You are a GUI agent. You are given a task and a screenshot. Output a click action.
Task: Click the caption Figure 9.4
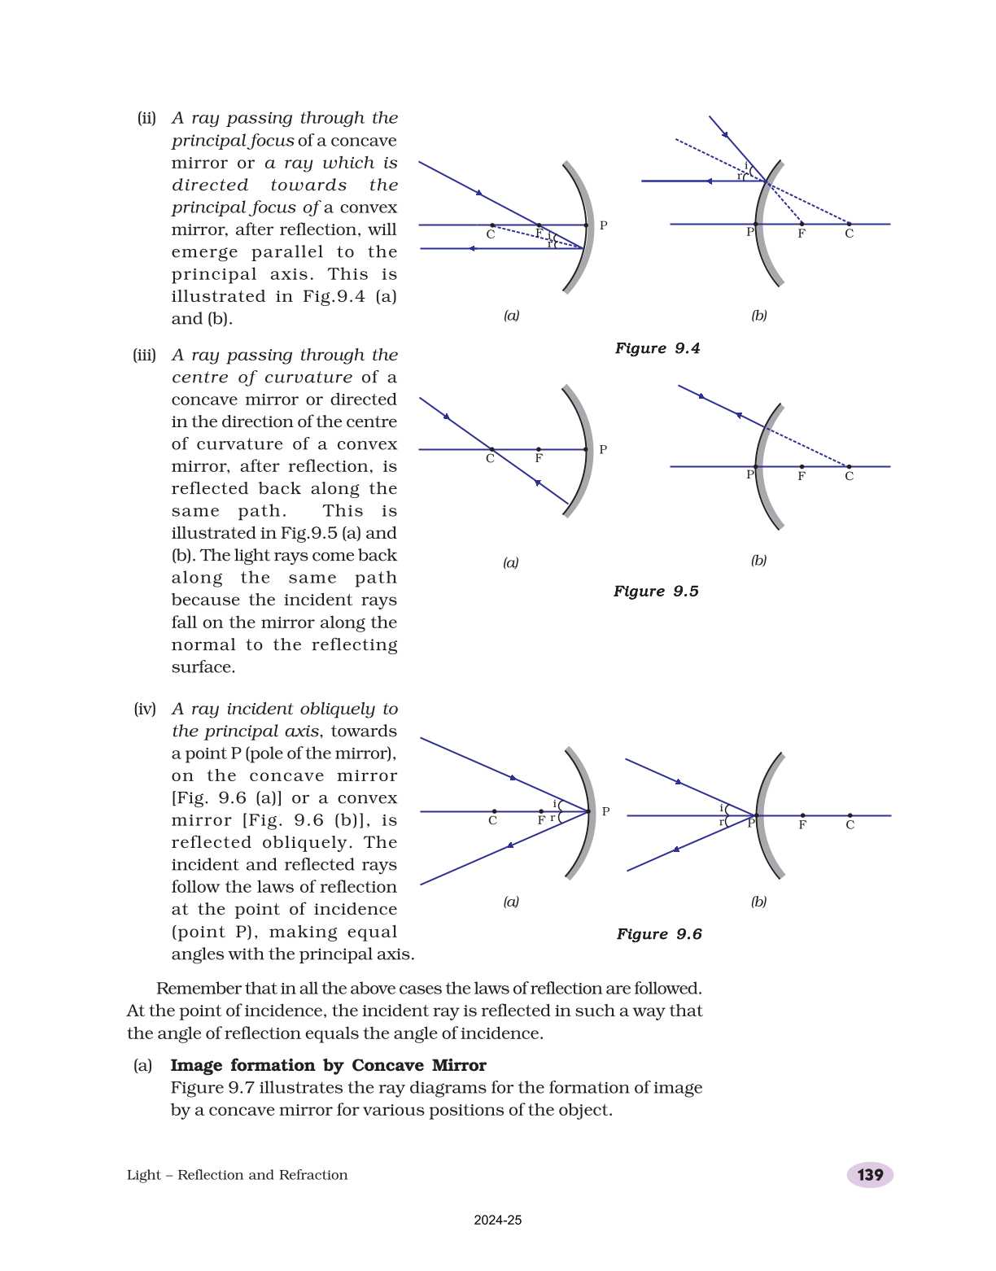tap(657, 348)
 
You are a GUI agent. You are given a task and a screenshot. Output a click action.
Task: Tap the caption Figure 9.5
tap(655, 592)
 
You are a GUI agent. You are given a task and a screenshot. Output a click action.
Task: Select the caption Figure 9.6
tap(658, 934)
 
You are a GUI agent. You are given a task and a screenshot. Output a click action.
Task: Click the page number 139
tap(870, 1175)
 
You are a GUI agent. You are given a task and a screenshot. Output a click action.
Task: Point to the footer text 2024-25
tap(497, 1221)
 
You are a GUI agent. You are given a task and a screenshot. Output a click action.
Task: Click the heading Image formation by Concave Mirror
tap(328, 1065)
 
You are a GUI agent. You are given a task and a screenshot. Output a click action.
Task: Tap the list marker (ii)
tap(146, 118)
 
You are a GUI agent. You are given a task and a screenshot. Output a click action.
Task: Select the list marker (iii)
tap(144, 356)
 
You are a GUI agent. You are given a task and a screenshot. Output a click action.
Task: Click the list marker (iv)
tap(145, 709)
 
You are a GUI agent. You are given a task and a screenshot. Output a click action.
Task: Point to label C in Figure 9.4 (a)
tap(490, 234)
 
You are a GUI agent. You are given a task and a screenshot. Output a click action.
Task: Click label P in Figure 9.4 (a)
tap(603, 225)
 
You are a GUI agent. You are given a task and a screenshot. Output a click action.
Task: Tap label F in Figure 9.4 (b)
tap(802, 234)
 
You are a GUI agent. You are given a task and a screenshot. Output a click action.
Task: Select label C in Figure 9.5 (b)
tap(849, 477)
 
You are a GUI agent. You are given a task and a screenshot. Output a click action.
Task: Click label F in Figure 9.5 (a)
tap(538, 459)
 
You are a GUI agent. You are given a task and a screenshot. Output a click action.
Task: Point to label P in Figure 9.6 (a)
tap(605, 811)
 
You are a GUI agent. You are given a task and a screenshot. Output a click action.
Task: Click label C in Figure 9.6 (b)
tap(850, 825)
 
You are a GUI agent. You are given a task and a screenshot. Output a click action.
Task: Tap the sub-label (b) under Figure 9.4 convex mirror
tap(758, 316)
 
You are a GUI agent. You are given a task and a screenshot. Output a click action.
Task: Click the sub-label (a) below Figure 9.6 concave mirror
tap(511, 902)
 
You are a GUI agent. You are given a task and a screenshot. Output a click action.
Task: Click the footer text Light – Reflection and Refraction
tap(237, 1175)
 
